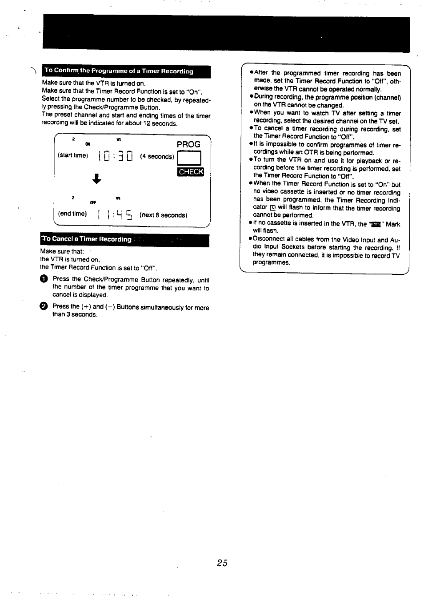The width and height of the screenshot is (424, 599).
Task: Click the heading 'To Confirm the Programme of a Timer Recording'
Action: tap(119, 71)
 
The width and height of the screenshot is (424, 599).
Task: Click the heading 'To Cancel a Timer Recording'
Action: tap(87, 239)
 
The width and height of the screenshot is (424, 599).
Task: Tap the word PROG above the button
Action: tap(188, 144)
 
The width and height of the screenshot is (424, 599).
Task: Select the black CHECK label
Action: tap(190, 172)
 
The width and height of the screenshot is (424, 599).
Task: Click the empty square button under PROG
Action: tap(189, 158)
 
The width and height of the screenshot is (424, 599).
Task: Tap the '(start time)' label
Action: tap(73, 155)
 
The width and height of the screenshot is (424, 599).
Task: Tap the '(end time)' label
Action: tap(72, 214)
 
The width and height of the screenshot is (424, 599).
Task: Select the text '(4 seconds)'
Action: tap(157, 157)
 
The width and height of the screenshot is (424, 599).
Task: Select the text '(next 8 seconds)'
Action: tap(163, 215)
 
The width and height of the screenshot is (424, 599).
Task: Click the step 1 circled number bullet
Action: tap(44, 279)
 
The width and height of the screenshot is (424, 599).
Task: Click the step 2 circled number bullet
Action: tap(44, 306)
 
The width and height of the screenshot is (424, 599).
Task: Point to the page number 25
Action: tap(222, 563)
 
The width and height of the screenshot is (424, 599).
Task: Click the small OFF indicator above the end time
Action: tap(93, 202)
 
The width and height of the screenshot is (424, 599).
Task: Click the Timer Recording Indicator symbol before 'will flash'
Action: tap(272, 208)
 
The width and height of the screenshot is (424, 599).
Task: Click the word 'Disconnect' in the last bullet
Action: tap(270, 239)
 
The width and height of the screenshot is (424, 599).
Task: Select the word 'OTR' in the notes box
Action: tap(311, 153)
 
